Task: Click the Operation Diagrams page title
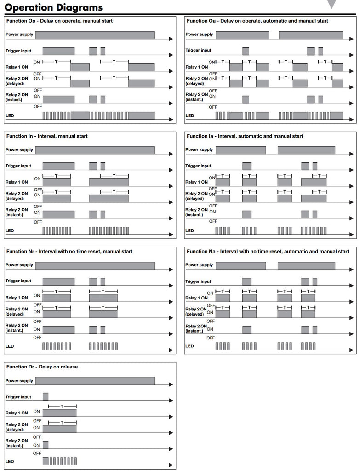click(53, 8)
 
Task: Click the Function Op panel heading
click(59, 21)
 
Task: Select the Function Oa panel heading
click(257, 21)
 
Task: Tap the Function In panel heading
click(47, 136)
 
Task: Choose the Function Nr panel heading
click(69, 252)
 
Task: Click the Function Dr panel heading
click(42, 367)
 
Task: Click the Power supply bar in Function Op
click(95, 35)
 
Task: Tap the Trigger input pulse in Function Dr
click(46, 396)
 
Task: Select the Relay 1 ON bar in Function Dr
click(59, 413)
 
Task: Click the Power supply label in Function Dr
click(19, 381)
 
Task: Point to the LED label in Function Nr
click(10, 346)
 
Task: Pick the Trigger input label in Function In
click(18, 166)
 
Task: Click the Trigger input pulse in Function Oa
click(246, 51)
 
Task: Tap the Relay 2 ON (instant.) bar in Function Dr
click(46, 445)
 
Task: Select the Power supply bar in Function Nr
click(95, 265)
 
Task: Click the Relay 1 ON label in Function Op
click(17, 67)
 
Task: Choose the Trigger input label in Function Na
click(198, 281)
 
